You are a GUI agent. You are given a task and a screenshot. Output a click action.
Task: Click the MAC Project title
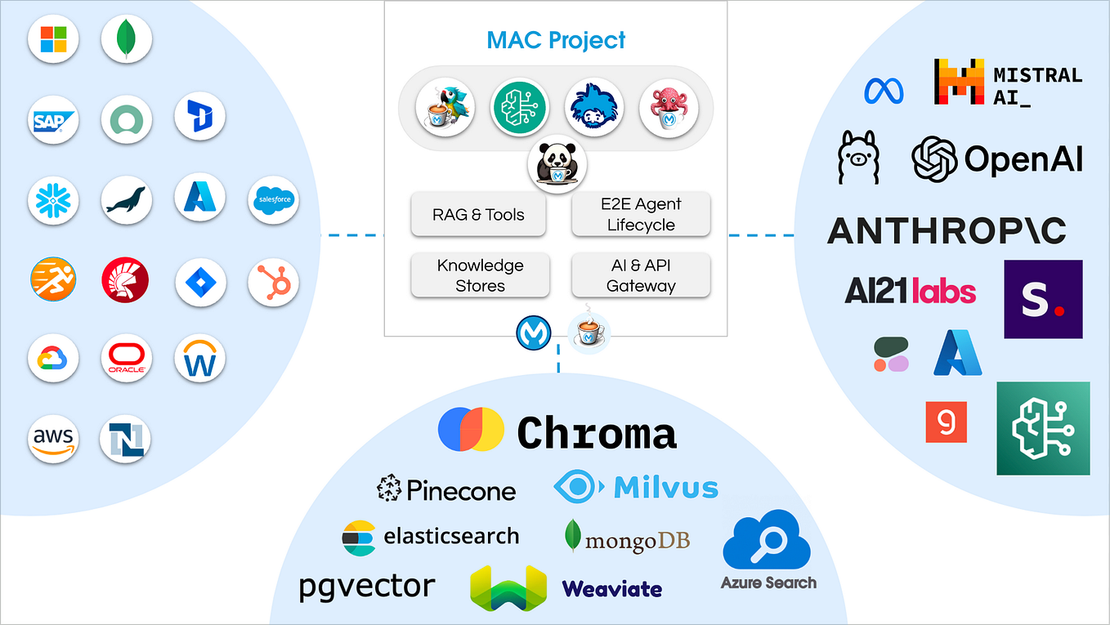[556, 39]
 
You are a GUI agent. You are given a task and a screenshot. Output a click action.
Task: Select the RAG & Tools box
[478, 215]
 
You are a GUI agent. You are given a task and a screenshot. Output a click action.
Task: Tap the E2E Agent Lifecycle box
[641, 215]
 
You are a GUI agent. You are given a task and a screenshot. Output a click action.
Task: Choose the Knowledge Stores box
[480, 275]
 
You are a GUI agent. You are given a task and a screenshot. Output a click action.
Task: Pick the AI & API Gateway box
[641, 275]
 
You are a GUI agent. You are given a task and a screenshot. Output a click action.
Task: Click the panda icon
[557, 163]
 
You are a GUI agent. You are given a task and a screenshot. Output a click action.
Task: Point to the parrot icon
[445, 108]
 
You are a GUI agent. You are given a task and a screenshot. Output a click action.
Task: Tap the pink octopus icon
[669, 108]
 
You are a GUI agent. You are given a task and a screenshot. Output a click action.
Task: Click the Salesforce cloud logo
[273, 199]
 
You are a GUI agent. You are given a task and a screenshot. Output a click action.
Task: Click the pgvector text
[366, 586]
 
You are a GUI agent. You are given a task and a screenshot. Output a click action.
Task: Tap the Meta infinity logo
[884, 90]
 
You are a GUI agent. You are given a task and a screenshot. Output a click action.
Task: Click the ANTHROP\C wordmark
[947, 231]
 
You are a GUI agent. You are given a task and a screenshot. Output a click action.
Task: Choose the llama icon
[857, 157]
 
